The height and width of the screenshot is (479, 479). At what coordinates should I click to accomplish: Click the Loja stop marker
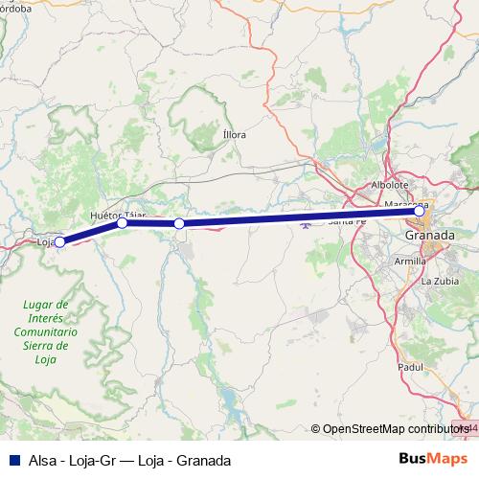pyautogui.click(x=59, y=241)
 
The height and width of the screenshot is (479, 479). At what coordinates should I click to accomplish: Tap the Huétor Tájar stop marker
pyautogui.click(x=122, y=223)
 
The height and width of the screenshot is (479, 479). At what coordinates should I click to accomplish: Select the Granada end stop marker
pyautogui.click(x=419, y=211)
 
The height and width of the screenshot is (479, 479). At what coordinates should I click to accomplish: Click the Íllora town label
pyautogui.click(x=234, y=135)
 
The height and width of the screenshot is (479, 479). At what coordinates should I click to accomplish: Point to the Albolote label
pyautogui.click(x=390, y=185)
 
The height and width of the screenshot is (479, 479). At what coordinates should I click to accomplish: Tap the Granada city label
pyautogui.click(x=429, y=236)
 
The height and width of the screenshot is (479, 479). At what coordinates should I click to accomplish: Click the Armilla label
pyautogui.click(x=410, y=261)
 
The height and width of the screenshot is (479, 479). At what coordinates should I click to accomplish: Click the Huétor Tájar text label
pyautogui.click(x=117, y=215)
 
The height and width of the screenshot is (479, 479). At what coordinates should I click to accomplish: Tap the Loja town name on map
pyautogui.click(x=44, y=242)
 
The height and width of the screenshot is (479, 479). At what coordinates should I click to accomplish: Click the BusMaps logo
pyautogui.click(x=432, y=460)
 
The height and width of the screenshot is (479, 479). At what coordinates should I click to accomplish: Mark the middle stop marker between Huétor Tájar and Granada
pyautogui.click(x=179, y=223)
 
